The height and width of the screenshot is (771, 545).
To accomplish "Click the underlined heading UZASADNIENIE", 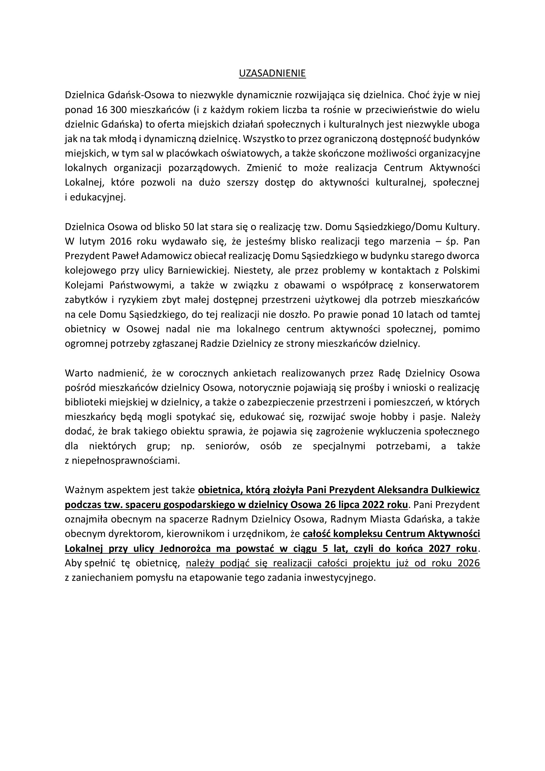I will pos(272,74).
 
